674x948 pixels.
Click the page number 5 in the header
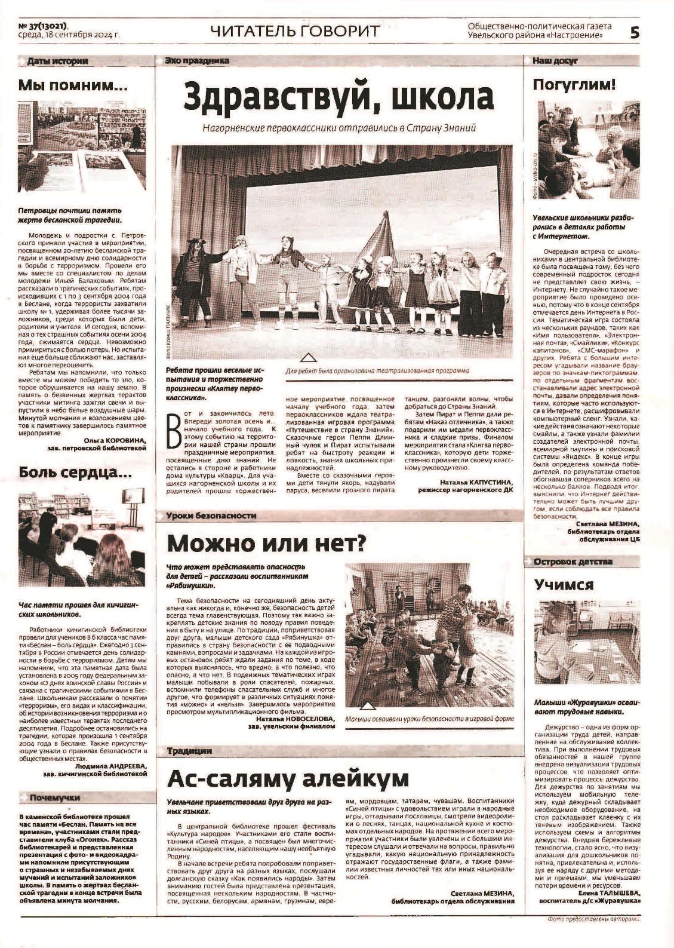[634, 33]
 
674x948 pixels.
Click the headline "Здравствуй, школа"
[338, 97]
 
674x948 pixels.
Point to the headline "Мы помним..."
[73, 85]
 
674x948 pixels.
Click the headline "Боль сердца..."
[75, 473]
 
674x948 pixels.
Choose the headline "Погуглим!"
[574, 85]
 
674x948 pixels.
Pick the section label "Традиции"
[189, 751]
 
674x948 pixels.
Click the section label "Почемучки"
[54, 797]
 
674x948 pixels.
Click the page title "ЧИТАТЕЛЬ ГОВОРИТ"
[295, 32]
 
